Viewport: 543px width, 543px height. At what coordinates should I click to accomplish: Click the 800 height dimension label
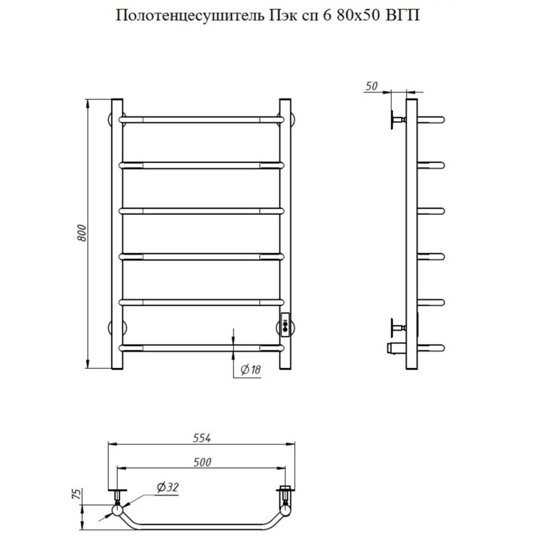(82, 233)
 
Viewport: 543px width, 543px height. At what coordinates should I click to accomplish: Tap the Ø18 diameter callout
(250, 370)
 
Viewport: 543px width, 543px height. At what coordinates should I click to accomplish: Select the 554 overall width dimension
(202, 438)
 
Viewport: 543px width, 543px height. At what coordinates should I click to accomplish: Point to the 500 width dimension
(202, 462)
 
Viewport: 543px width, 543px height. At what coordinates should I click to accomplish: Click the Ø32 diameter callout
(167, 487)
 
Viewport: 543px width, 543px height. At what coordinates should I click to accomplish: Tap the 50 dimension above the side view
(371, 86)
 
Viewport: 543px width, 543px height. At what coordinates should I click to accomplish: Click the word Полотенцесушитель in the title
(190, 16)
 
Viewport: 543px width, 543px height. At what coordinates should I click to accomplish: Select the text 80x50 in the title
(358, 15)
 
